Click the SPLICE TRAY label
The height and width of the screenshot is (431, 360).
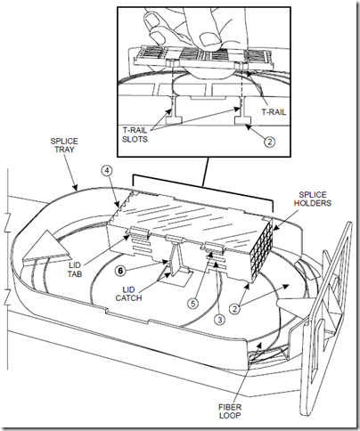click(x=64, y=145)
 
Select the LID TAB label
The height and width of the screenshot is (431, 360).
click(x=74, y=269)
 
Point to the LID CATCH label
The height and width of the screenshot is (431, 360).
click(x=128, y=294)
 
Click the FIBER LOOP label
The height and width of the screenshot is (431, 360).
click(x=230, y=411)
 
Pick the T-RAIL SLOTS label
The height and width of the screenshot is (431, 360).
click(x=135, y=134)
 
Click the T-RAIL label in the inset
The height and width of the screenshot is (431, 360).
click(x=274, y=112)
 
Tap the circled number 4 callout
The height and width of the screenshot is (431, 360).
click(x=107, y=170)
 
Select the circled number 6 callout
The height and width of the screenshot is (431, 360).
click(x=120, y=271)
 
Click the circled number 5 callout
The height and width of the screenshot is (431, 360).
click(x=193, y=304)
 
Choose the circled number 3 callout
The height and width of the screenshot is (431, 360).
click(x=219, y=320)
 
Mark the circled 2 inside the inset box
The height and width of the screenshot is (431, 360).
click(x=269, y=142)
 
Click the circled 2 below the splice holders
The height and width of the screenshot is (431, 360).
click(x=234, y=309)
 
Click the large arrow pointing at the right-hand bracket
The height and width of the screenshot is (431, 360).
click(x=297, y=305)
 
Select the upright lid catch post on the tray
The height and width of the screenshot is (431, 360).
click(x=176, y=257)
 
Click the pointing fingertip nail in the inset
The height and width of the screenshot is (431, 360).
click(x=151, y=20)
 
